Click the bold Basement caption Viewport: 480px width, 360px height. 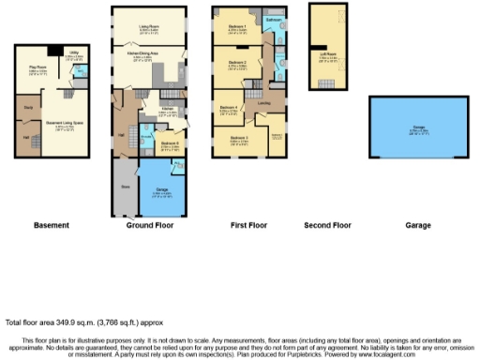(51, 226)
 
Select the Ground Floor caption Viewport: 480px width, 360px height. (151, 226)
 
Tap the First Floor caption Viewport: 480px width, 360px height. (250, 226)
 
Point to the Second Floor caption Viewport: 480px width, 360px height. (328, 226)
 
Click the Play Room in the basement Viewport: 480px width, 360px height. (38, 68)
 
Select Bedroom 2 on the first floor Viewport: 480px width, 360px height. (236, 65)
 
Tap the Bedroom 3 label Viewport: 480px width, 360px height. (240, 141)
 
